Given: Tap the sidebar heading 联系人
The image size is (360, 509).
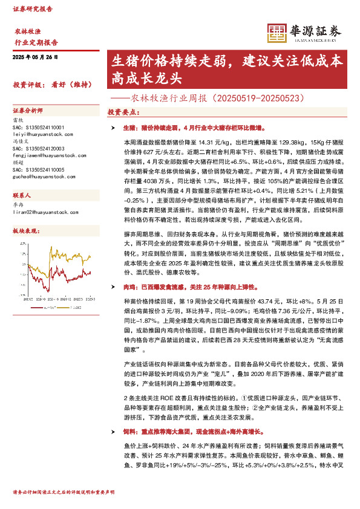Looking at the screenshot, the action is click(x=22, y=197).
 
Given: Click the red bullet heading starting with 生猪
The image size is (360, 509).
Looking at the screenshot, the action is click(x=192, y=129).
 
